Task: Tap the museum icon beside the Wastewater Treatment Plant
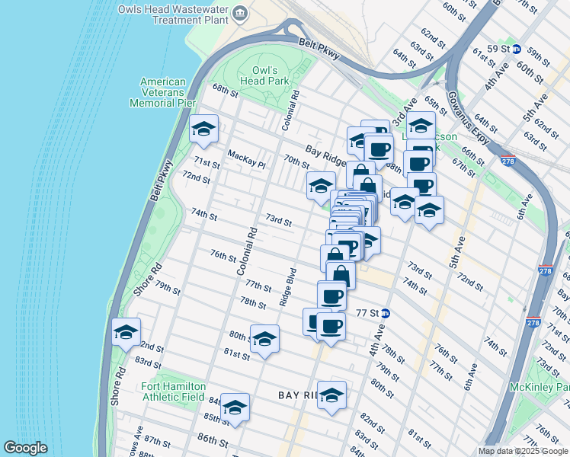point(241,13)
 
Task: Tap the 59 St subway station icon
point(517,49)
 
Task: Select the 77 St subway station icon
point(386,312)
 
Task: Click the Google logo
point(25,448)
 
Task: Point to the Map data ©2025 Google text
point(522,451)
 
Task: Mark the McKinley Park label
point(546,387)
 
